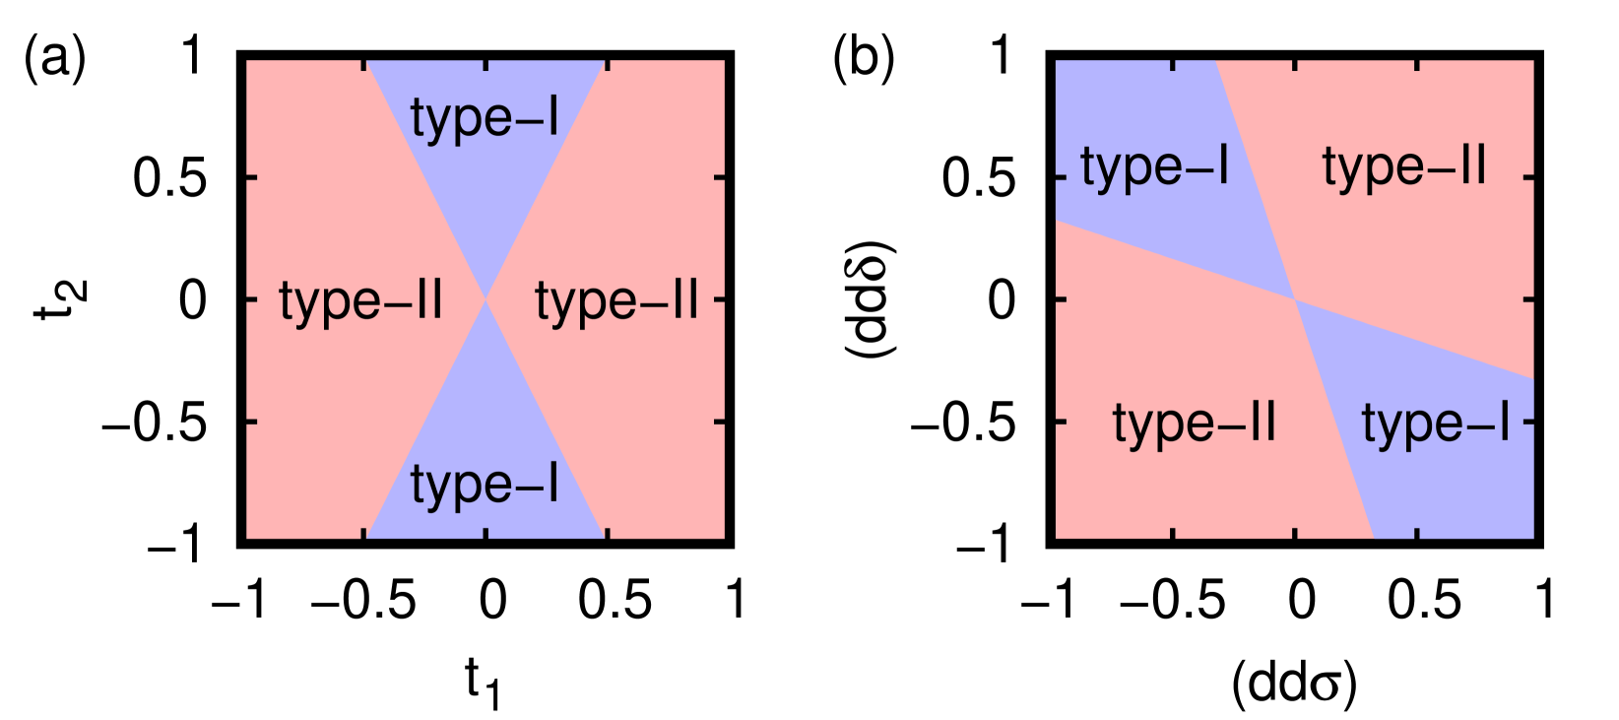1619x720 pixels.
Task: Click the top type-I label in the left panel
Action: pyautogui.click(x=485, y=119)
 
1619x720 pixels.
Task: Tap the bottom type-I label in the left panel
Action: pyautogui.click(x=485, y=485)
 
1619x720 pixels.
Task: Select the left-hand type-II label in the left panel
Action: pyautogui.click(x=360, y=300)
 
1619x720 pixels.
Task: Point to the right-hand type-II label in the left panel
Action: pyautogui.click(x=616, y=300)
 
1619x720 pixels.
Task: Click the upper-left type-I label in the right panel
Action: pyautogui.click(x=1154, y=166)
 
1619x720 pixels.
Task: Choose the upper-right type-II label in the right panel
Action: pyautogui.click(x=1404, y=166)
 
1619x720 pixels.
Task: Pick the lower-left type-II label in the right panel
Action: pyautogui.click(x=1195, y=424)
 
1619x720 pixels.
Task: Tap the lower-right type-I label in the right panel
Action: pyautogui.click(x=1435, y=424)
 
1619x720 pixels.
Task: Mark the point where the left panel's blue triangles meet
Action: pyautogui.click(x=486, y=298)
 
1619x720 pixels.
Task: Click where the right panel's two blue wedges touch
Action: pyautogui.click(x=1294, y=298)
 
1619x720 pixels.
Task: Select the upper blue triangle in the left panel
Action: pyautogui.click(x=485, y=197)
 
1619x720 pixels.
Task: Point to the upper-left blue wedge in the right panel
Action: pyautogui.click(x=1133, y=108)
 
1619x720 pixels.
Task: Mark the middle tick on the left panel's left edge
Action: pyautogui.click(x=251, y=298)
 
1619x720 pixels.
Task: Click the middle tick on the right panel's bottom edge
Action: pyautogui.click(x=1294, y=533)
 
